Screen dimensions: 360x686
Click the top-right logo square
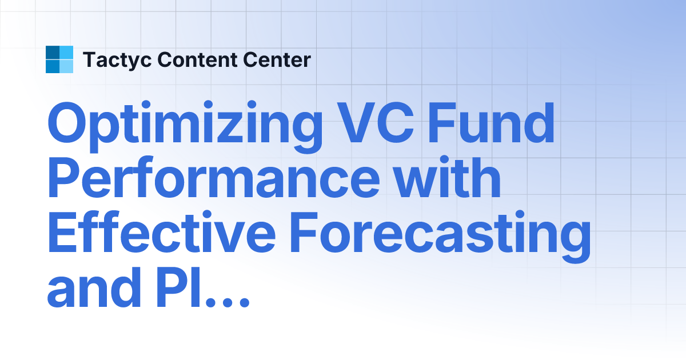pyautogui.click(x=66, y=53)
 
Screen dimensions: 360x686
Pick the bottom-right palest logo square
pyautogui.click(x=66, y=66)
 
